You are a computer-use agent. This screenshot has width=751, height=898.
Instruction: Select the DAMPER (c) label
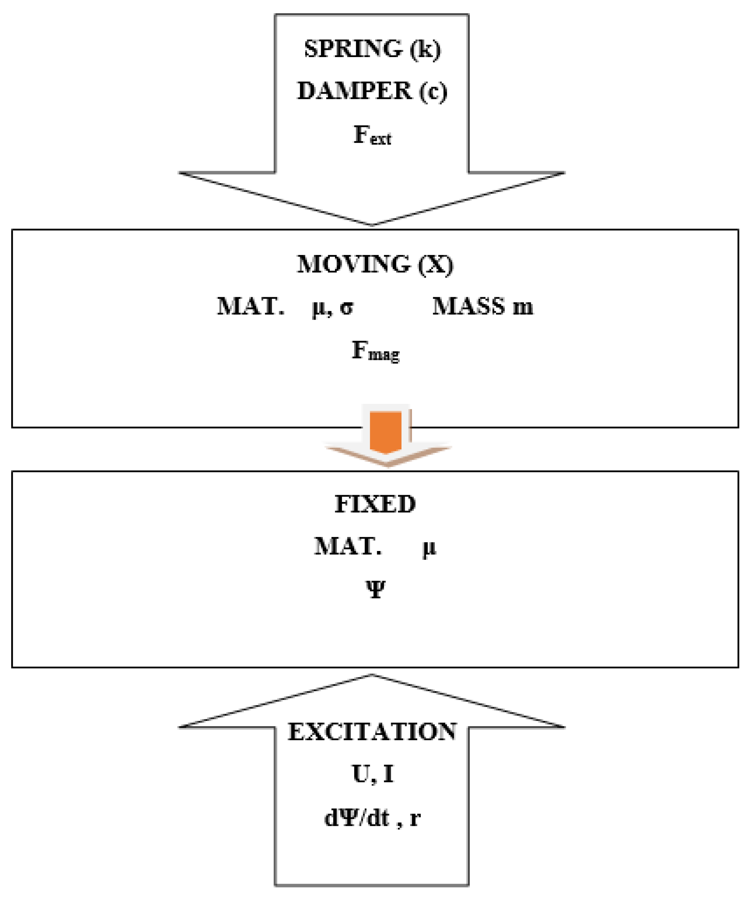pyautogui.click(x=372, y=91)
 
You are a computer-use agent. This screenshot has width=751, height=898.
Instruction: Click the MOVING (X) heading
pyautogui.click(x=375, y=264)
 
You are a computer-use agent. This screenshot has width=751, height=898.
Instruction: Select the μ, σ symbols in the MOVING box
pyautogui.click(x=332, y=308)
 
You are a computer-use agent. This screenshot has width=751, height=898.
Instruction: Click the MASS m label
pyautogui.click(x=483, y=306)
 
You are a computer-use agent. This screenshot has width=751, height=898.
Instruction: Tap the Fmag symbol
pyautogui.click(x=375, y=351)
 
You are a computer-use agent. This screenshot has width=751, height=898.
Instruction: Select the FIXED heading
pyautogui.click(x=375, y=504)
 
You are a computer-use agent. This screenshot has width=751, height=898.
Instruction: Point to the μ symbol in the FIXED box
pyautogui.click(x=429, y=548)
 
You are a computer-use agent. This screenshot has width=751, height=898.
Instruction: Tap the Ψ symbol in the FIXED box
pyautogui.click(x=375, y=589)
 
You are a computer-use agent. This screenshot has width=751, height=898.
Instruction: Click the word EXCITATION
pyautogui.click(x=372, y=732)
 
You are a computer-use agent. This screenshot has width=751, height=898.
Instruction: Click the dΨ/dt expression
pyautogui.click(x=357, y=818)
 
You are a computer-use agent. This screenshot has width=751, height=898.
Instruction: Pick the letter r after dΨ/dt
pyautogui.click(x=415, y=819)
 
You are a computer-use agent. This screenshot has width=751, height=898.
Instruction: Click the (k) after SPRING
pyautogui.click(x=425, y=49)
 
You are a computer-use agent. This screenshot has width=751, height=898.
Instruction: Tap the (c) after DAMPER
pyautogui.click(x=433, y=92)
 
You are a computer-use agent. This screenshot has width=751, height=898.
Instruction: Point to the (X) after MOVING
pyautogui.click(x=435, y=265)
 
